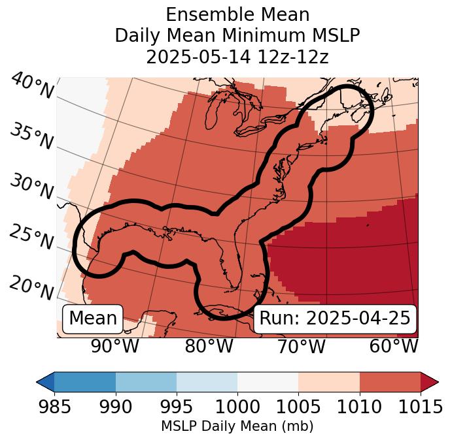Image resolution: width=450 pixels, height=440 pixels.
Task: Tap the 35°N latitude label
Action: tap(31, 136)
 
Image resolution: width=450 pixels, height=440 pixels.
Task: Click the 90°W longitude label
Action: tap(115, 347)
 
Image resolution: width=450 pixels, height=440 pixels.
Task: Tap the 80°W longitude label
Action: tap(208, 347)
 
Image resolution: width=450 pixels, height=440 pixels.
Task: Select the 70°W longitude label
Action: tap(302, 347)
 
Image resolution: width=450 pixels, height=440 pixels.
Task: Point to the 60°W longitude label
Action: tap(394, 347)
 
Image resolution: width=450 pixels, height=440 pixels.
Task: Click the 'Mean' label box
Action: tap(93, 319)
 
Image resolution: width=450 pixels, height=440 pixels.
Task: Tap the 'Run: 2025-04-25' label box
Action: tap(334, 319)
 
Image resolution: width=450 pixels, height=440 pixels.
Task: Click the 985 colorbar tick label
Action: tap(54, 407)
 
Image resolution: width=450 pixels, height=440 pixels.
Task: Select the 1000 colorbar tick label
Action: tap(237, 407)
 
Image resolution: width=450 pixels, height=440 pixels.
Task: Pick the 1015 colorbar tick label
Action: tap(419, 407)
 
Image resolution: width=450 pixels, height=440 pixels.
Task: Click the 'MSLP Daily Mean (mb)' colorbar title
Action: tap(237, 427)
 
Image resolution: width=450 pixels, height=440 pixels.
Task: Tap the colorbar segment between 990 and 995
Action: tap(146, 381)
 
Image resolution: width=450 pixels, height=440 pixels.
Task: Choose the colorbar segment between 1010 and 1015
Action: tap(390, 381)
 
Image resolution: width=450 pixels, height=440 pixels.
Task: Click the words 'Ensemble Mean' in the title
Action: tap(237, 15)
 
